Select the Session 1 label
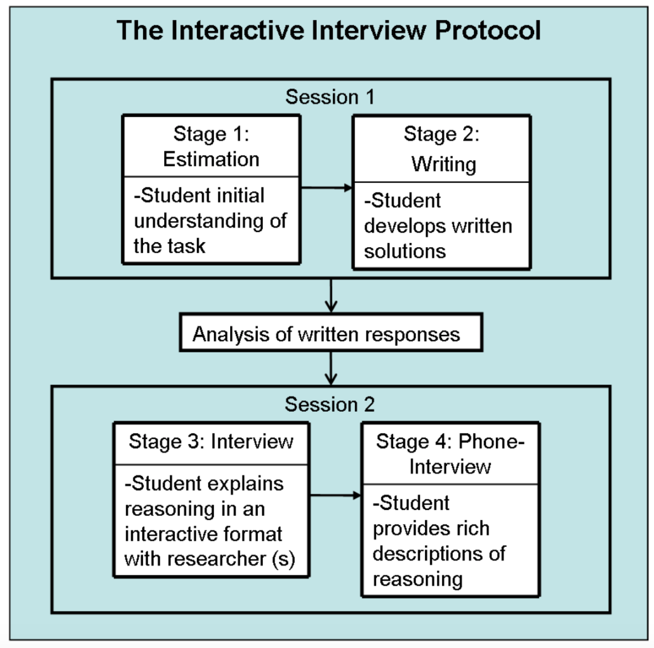tap(330, 97)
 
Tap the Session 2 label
tap(330, 404)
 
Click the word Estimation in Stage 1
tap(211, 159)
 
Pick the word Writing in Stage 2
tap(444, 164)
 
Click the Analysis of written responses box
tap(331, 334)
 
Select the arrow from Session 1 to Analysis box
tap(331, 296)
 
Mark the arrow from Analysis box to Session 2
tap(331, 368)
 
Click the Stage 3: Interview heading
tap(211, 441)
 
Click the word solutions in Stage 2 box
tap(405, 250)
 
